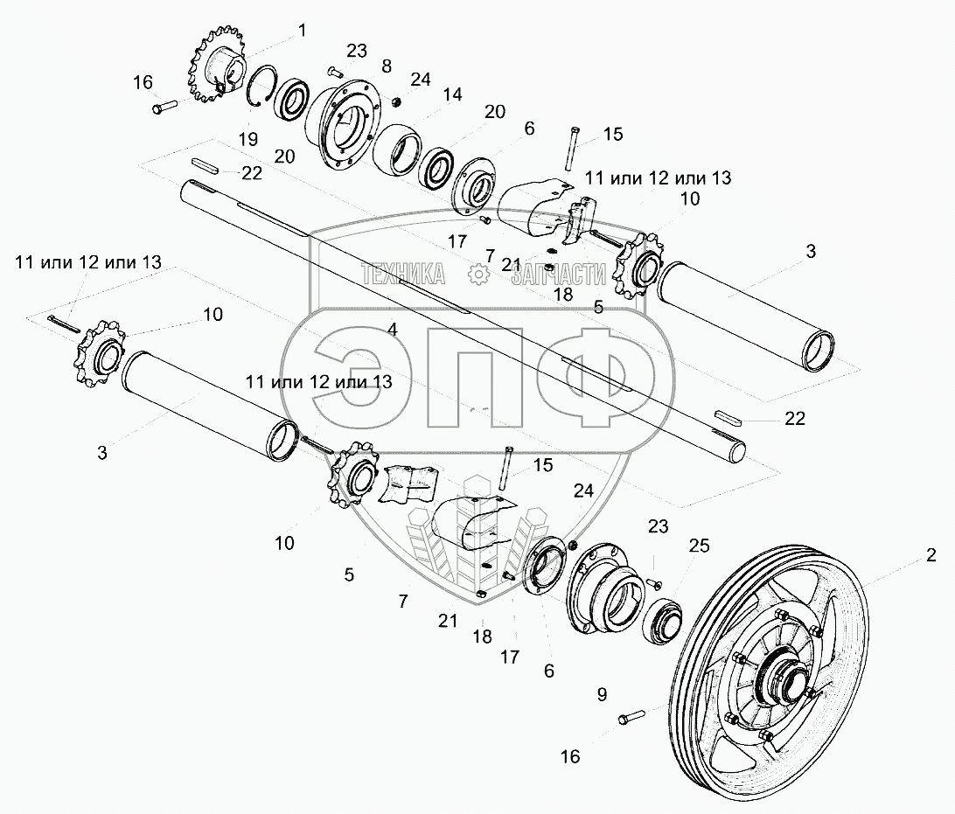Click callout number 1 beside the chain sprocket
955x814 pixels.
[x=303, y=31]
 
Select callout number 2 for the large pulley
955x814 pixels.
[x=931, y=554]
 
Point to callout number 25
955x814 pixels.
[x=699, y=546]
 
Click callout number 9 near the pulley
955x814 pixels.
[x=602, y=696]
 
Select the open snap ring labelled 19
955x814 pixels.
[x=259, y=91]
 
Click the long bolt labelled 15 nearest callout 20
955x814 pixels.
[x=569, y=148]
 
